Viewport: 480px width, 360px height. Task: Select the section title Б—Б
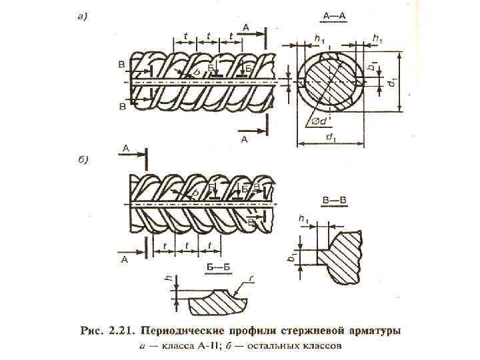(x=213, y=267)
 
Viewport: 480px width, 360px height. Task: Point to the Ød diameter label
(x=319, y=121)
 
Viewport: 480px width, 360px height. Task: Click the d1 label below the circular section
(x=330, y=137)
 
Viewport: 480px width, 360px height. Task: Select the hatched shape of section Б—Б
(x=213, y=304)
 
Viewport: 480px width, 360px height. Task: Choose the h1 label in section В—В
(x=305, y=219)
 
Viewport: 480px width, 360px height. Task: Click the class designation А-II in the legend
(x=206, y=346)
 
